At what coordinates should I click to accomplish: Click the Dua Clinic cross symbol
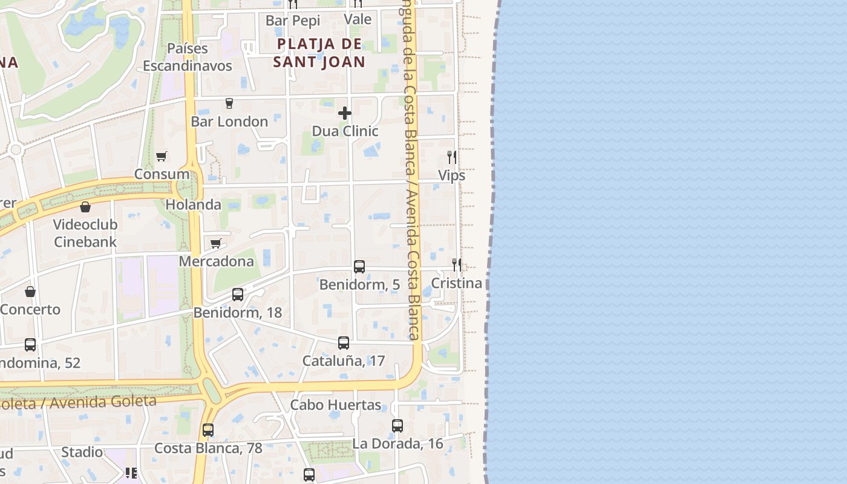tap(345, 113)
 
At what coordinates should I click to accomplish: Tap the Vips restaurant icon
tap(451, 157)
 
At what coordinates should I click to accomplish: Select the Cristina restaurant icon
tap(457, 264)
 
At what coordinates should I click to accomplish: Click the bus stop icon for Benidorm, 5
tap(359, 266)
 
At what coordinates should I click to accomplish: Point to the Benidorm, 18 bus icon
tap(238, 295)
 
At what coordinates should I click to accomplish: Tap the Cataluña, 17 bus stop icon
tap(344, 343)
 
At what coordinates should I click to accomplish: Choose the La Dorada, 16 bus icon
tap(397, 425)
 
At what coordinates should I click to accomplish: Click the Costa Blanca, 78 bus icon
tap(208, 430)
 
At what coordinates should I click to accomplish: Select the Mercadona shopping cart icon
tap(215, 243)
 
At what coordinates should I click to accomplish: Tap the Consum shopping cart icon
tap(161, 157)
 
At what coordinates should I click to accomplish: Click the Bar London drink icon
tap(229, 103)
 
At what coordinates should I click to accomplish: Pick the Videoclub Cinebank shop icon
tap(85, 207)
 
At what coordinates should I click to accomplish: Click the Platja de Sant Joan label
tap(319, 53)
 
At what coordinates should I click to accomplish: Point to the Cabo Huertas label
tap(336, 405)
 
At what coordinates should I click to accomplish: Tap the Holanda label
tap(193, 204)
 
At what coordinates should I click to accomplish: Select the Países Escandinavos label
tap(188, 57)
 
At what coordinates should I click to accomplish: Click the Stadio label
tap(82, 452)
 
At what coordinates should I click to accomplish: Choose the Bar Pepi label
tap(293, 21)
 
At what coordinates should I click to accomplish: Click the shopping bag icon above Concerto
tap(30, 292)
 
